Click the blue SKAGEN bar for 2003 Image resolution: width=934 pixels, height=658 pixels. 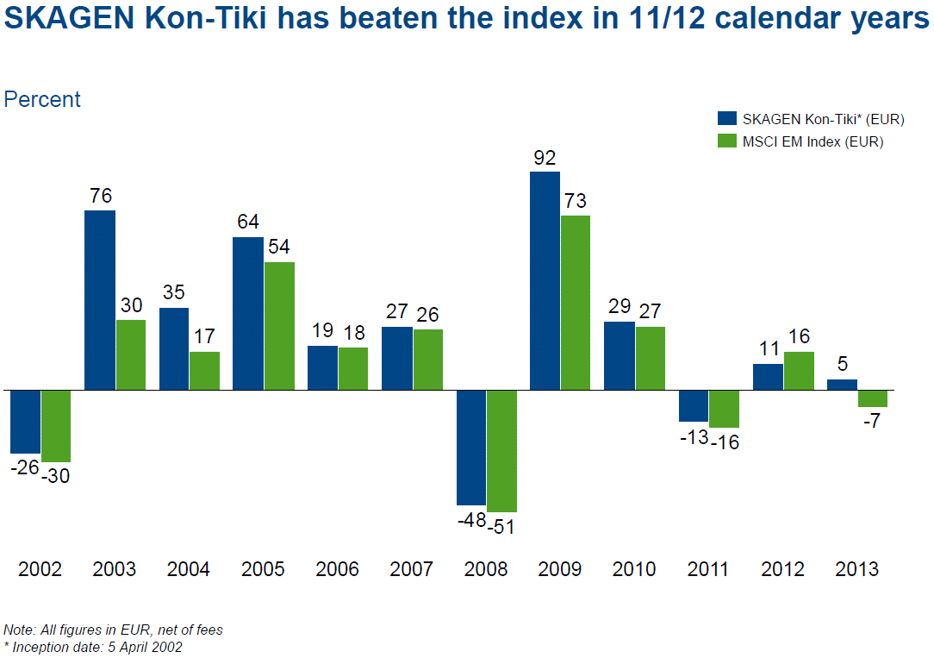tap(100, 300)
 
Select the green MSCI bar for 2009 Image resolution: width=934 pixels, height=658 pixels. tap(575, 303)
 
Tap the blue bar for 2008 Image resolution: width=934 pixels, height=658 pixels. tap(471, 447)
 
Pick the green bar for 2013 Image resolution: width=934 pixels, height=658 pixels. tap(873, 398)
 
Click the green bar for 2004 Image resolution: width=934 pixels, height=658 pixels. tap(204, 371)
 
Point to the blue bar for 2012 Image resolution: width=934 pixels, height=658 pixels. tap(768, 377)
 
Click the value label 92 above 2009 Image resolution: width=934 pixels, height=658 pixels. tap(545, 159)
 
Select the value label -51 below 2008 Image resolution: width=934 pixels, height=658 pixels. tap(501, 527)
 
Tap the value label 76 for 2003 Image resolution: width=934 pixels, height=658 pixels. tap(101, 197)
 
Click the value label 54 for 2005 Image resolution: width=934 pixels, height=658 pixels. tap(279, 246)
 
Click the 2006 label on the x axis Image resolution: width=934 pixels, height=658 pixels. tap(338, 569)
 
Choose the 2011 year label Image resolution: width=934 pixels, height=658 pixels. tap(708, 569)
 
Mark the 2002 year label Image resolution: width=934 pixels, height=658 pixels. tap(40, 569)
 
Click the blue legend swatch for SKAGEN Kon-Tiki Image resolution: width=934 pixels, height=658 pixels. tap(727, 119)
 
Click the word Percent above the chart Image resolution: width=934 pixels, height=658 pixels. tap(42, 99)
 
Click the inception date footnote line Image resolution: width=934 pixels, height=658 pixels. tap(93, 647)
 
